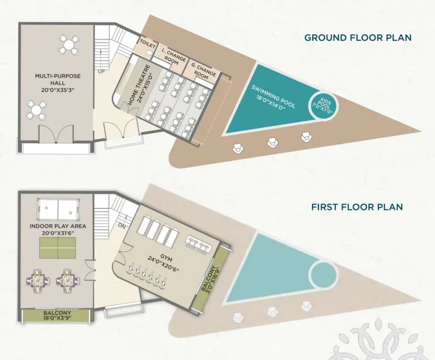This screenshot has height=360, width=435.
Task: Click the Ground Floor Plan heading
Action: point(358,37)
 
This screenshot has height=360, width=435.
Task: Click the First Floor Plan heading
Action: point(357,207)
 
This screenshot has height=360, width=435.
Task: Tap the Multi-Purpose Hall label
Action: point(58,83)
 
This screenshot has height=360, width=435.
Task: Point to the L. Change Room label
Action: point(173,56)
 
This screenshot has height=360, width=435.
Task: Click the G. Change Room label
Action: point(203,70)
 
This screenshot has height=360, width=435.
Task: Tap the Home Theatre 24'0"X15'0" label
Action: point(140,85)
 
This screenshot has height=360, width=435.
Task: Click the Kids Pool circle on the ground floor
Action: point(323,106)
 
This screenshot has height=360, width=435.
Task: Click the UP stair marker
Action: point(101,71)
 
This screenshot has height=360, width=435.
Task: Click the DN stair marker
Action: point(122,226)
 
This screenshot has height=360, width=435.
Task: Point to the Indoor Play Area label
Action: point(58,230)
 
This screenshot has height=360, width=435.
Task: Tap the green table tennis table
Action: point(57,248)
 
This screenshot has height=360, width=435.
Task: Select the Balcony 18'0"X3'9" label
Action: point(57,315)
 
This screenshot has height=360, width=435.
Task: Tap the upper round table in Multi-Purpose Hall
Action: point(69,45)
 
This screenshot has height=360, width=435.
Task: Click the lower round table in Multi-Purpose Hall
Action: point(36,111)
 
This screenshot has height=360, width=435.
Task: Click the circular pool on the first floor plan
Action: point(323,274)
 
